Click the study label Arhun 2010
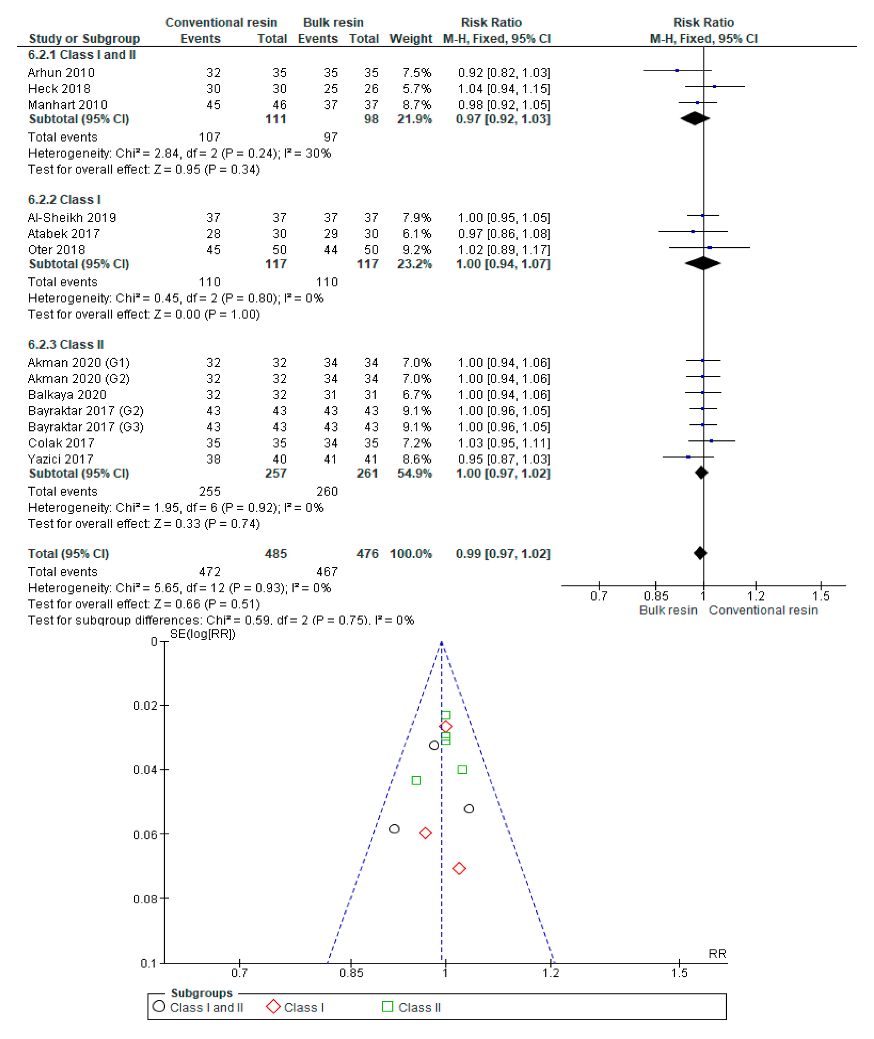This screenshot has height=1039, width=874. pos(61,73)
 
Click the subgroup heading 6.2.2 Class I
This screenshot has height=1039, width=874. pos(64,200)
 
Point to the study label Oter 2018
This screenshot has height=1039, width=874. pos(56,250)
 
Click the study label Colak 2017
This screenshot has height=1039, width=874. pos(60,443)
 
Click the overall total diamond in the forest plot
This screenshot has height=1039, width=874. pos(700,553)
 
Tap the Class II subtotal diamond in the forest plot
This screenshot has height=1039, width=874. pos(701,473)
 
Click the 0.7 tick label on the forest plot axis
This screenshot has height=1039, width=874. pos(599,596)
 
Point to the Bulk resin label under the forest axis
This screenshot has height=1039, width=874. pos(668,611)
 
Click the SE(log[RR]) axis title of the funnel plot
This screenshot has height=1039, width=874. pos(203,634)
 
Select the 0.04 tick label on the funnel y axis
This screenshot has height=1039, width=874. pos(145,770)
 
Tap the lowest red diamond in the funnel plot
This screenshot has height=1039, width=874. pos(459,869)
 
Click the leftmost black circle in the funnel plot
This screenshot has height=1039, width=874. pos(395,828)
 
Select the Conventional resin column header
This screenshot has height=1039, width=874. pos(221,23)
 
